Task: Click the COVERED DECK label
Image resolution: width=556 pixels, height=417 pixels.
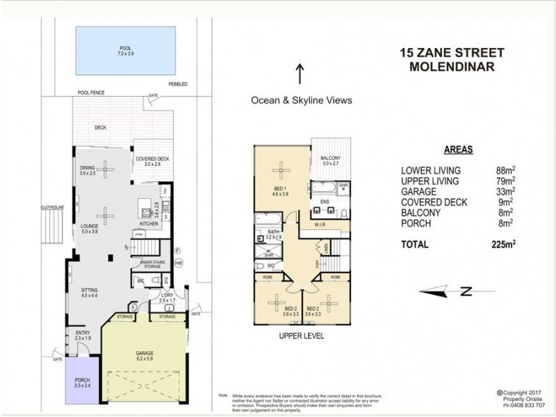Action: (x=148, y=160)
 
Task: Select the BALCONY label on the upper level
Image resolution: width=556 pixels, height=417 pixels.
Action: (x=330, y=159)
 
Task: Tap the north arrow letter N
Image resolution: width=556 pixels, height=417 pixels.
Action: (x=468, y=291)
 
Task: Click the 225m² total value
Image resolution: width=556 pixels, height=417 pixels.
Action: (x=502, y=244)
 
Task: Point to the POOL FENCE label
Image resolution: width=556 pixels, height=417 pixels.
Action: (x=90, y=92)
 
